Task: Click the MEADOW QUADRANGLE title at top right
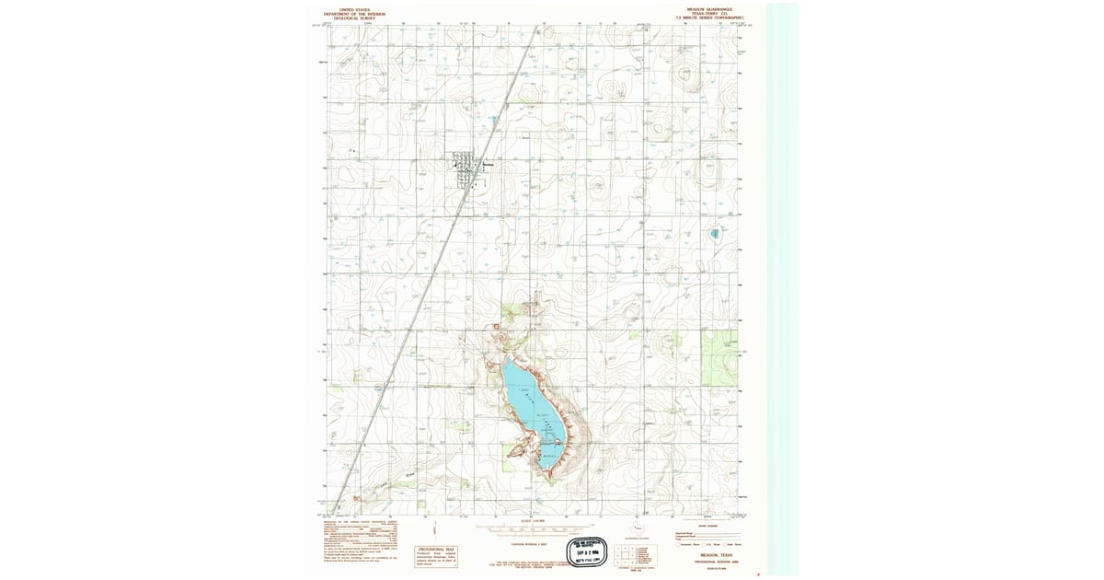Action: (708, 9)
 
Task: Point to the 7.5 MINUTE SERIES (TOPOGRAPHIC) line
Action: (708, 18)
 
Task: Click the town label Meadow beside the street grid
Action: (489, 165)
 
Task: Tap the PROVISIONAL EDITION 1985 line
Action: (708, 561)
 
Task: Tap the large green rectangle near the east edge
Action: (719, 358)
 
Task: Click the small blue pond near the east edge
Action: (715, 234)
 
